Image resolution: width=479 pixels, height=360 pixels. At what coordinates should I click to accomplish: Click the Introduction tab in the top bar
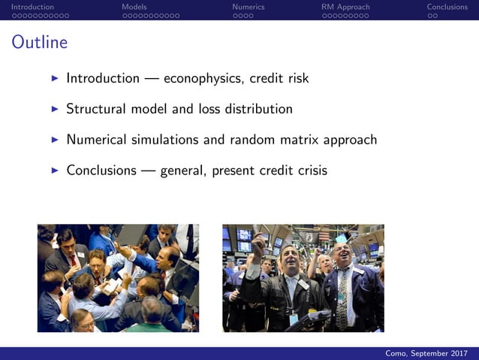pyautogui.click(x=32, y=7)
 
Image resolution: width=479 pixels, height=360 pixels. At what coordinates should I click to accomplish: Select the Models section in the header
pyautogui.click(x=134, y=7)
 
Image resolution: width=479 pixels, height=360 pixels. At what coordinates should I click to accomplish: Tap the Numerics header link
pyautogui.click(x=248, y=7)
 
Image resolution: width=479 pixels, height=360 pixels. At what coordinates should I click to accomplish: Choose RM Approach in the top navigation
pyautogui.click(x=345, y=7)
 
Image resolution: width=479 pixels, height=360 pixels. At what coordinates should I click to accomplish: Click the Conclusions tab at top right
pyautogui.click(x=447, y=7)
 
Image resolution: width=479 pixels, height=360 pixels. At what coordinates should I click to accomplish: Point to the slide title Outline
pyautogui.click(x=39, y=43)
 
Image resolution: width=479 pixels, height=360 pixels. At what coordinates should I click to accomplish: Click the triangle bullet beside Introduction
pyautogui.click(x=54, y=78)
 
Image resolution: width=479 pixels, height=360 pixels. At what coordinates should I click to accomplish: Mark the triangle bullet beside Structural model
pyautogui.click(x=54, y=109)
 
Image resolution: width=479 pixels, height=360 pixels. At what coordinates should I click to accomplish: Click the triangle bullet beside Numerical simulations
pyautogui.click(x=54, y=140)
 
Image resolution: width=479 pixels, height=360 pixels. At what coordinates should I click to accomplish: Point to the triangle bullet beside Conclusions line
pyautogui.click(x=54, y=171)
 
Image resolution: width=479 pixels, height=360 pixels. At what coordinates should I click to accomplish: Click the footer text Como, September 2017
pyautogui.click(x=426, y=353)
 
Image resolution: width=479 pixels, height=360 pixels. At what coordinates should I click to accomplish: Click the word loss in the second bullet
pyautogui.click(x=209, y=109)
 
